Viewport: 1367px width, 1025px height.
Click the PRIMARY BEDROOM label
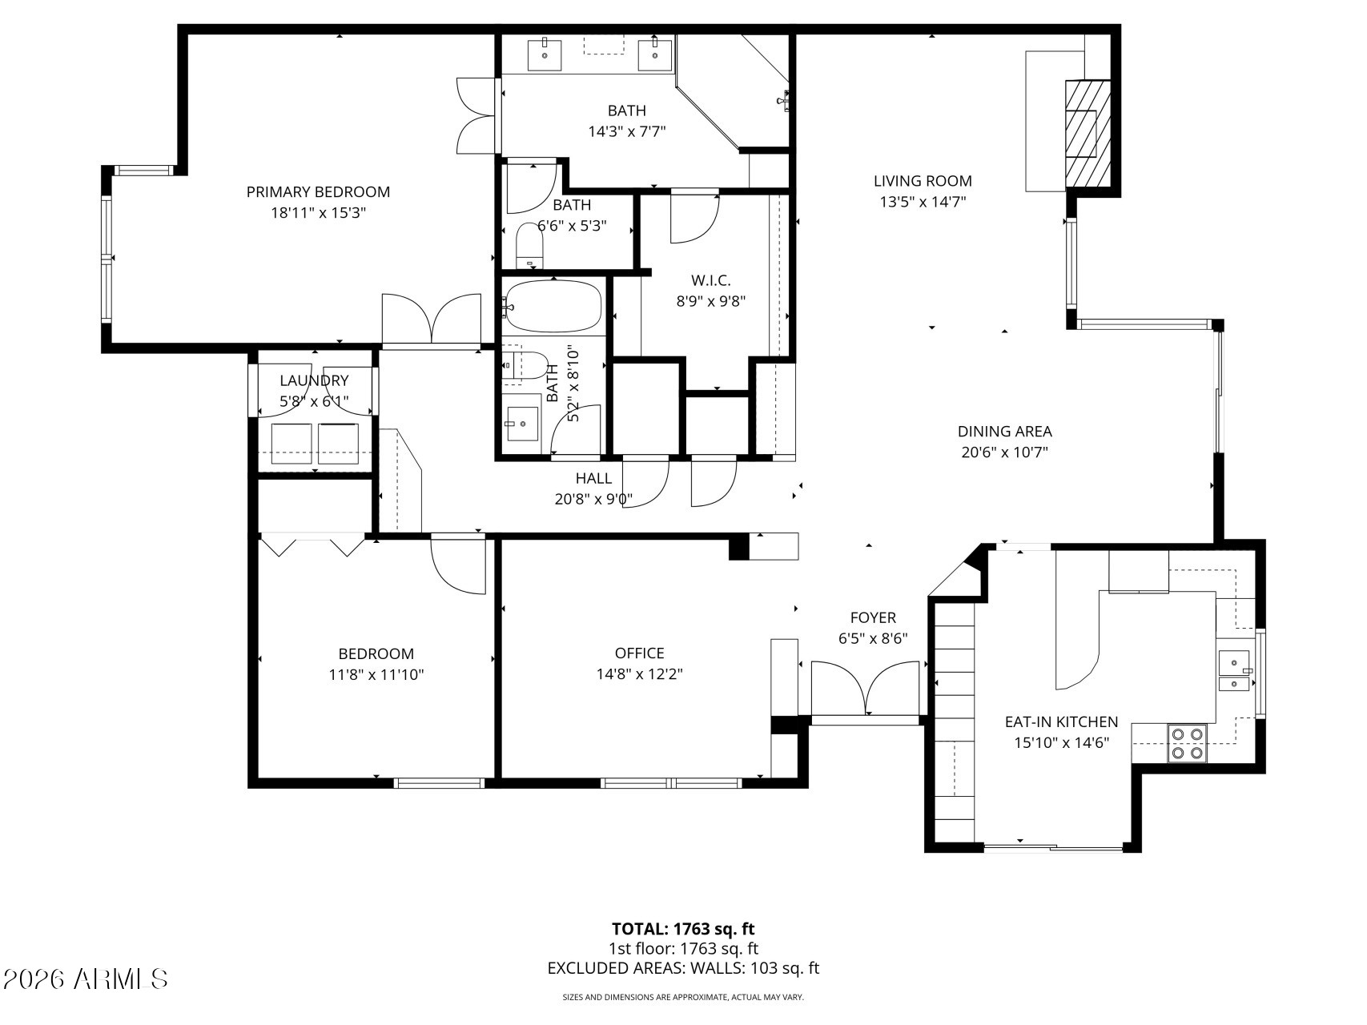[x=318, y=192]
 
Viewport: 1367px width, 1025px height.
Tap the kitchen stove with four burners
[x=1187, y=742]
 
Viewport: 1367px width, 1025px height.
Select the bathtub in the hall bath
[x=553, y=306]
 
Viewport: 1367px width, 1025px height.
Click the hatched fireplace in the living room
[x=1087, y=133]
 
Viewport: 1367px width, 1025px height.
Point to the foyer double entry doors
[x=865, y=689]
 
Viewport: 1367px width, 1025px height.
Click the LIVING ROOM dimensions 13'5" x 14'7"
[x=923, y=202]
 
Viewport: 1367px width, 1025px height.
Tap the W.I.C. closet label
[x=710, y=280]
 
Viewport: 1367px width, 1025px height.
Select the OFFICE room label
[x=639, y=653]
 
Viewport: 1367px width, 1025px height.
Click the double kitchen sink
[x=1235, y=671]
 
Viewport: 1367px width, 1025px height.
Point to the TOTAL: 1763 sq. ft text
[x=683, y=929]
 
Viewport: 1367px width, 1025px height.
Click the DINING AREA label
[x=1004, y=432]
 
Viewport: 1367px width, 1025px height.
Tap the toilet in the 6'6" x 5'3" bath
[x=529, y=247]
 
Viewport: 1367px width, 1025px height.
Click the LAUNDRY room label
[x=314, y=380]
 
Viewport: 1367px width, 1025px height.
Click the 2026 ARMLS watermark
[x=86, y=979]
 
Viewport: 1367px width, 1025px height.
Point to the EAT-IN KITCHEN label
[x=1061, y=722]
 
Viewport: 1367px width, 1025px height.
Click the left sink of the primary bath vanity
[x=545, y=54]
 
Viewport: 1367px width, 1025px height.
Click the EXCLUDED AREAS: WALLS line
[x=683, y=968]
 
